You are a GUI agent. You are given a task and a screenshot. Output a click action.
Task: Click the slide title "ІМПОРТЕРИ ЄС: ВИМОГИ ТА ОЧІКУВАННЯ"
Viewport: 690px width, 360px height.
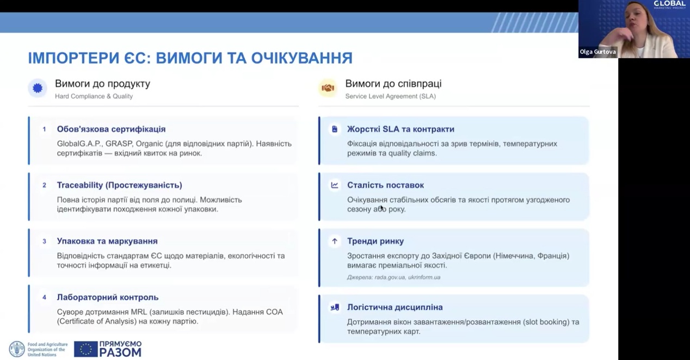(190, 58)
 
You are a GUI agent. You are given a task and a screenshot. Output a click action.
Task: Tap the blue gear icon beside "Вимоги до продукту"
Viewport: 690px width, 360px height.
(38, 88)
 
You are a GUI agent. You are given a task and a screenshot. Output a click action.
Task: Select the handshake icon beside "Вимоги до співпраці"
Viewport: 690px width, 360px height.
(328, 88)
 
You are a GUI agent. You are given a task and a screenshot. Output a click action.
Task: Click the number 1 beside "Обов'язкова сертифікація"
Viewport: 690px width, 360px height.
(45, 129)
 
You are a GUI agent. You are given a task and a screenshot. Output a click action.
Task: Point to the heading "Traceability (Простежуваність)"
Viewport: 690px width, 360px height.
(119, 185)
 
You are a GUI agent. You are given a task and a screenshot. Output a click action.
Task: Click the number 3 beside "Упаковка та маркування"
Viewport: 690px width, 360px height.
(45, 241)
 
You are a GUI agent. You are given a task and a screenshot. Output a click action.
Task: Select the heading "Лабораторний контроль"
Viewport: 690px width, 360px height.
(108, 297)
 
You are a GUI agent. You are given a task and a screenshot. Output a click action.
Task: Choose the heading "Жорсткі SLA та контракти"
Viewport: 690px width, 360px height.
(401, 129)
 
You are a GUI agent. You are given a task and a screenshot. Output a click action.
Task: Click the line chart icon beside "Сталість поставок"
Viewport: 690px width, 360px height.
(335, 185)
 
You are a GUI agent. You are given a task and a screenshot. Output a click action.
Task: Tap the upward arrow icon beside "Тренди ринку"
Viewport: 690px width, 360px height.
(335, 241)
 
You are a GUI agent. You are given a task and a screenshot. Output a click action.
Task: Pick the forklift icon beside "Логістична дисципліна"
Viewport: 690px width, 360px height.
(335, 307)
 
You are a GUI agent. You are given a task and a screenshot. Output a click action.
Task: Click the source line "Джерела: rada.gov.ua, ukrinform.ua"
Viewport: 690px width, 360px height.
(393, 277)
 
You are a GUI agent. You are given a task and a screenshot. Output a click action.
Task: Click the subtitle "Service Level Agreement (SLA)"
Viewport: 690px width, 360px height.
(390, 96)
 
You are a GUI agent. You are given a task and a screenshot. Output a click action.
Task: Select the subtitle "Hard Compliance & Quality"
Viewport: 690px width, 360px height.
(94, 96)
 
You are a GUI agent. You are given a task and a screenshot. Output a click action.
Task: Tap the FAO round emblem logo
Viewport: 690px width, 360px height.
(17, 349)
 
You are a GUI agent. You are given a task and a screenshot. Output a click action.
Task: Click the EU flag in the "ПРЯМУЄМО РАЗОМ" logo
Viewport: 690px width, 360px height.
(85, 349)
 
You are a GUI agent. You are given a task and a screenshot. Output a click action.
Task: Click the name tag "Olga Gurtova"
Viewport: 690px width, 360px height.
(597, 52)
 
